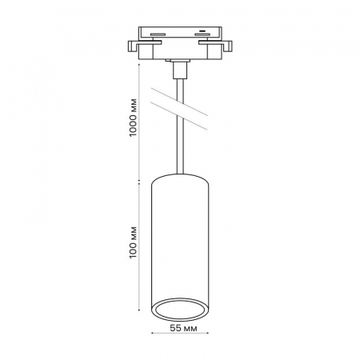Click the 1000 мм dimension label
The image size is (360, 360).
(x=133, y=118)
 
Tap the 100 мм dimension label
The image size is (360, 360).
(x=133, y=242)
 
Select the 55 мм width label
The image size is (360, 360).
(x=183, y=328)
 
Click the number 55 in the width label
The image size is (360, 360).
(x=175, y=328)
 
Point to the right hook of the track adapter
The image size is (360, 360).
(x=227, y=46)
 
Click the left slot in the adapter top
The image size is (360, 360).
(x=158, y=34)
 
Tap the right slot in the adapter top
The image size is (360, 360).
(x=202, y=34)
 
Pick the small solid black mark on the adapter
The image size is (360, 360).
(x=202, y=30)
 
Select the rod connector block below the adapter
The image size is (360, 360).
(x=179, y=70)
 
